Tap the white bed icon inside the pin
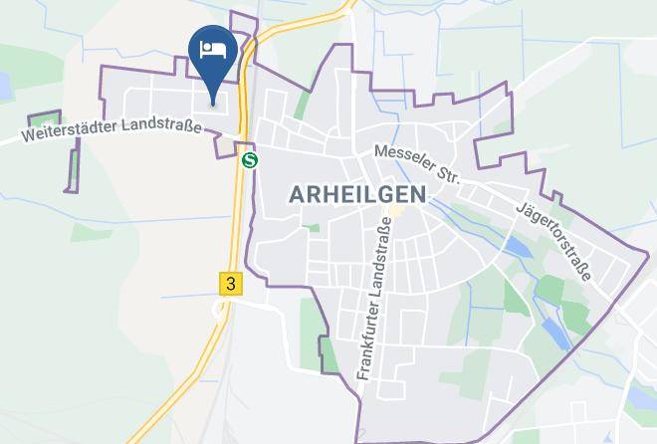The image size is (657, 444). click(x=213, y=49)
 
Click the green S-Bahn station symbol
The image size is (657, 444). click(x=250, y=159)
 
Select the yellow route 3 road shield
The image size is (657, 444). click(x=231, y=284)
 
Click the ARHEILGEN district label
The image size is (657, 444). click(x=357, y=194)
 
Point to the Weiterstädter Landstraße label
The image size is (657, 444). click(x=110, y=128)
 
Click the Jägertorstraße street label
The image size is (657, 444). click(x=554, y=241)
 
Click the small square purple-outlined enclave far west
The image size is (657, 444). click(x=44, y=120)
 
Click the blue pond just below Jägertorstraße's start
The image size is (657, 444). click(x=515, y=245)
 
